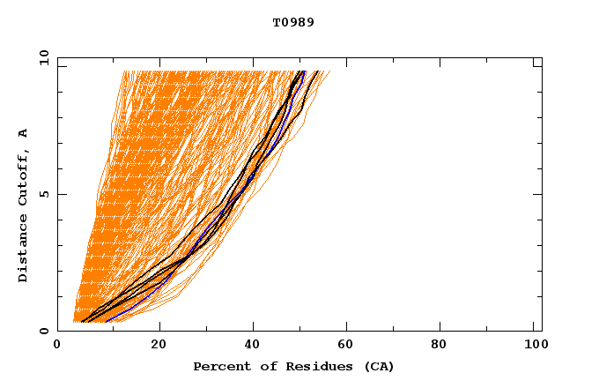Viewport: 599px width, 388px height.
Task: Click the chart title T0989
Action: click(293, 22)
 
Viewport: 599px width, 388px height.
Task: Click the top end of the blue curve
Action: click(304, 71)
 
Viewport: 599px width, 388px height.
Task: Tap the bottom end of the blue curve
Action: click(105, 322)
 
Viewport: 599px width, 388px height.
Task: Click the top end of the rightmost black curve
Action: click(319, 71)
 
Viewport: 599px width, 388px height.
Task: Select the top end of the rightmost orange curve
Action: click(330, 71)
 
